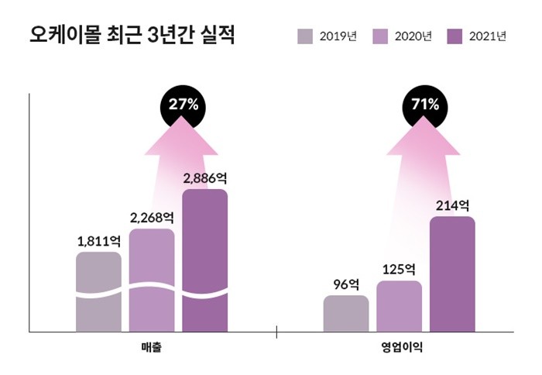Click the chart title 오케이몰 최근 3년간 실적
[x=132, y=36]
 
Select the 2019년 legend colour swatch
[x=305, y=36]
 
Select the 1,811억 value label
[x=98, y=241]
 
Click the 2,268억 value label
[x=152, y=217]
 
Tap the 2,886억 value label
[x=204, y=177]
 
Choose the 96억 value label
[x=346, y=284]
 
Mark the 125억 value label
[x=400, y=270]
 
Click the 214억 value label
[x=452, y=205]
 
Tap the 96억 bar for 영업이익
[x=346, y=313]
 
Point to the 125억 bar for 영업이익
[x=400, y=306]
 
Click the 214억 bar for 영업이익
[x=452, y=274]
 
